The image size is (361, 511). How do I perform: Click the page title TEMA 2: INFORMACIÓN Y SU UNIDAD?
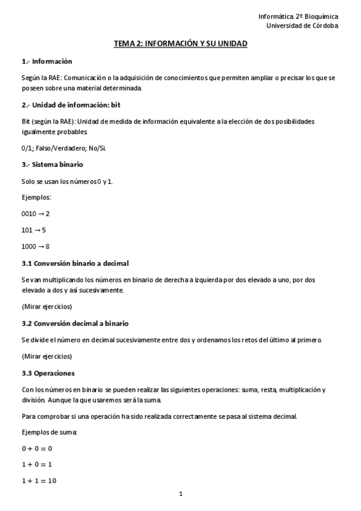click(181, 44)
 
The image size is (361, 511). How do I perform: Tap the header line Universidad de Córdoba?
click(303, 25)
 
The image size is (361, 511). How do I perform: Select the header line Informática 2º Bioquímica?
click(298, 16)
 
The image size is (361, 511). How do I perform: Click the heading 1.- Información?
click(46, 61)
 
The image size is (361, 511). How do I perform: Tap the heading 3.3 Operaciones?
click(48, 373)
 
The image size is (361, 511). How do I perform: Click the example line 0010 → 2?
click(36, 214)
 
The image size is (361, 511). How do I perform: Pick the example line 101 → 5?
click(34, 230)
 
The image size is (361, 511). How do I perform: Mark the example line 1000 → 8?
click(36, 246)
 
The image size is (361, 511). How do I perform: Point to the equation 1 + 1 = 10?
click(39, 481)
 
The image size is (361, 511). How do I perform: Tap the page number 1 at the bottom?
click(181, 495)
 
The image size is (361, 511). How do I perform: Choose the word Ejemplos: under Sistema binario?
click(36, 197)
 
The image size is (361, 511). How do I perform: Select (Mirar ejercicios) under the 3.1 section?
click(46, 306)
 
